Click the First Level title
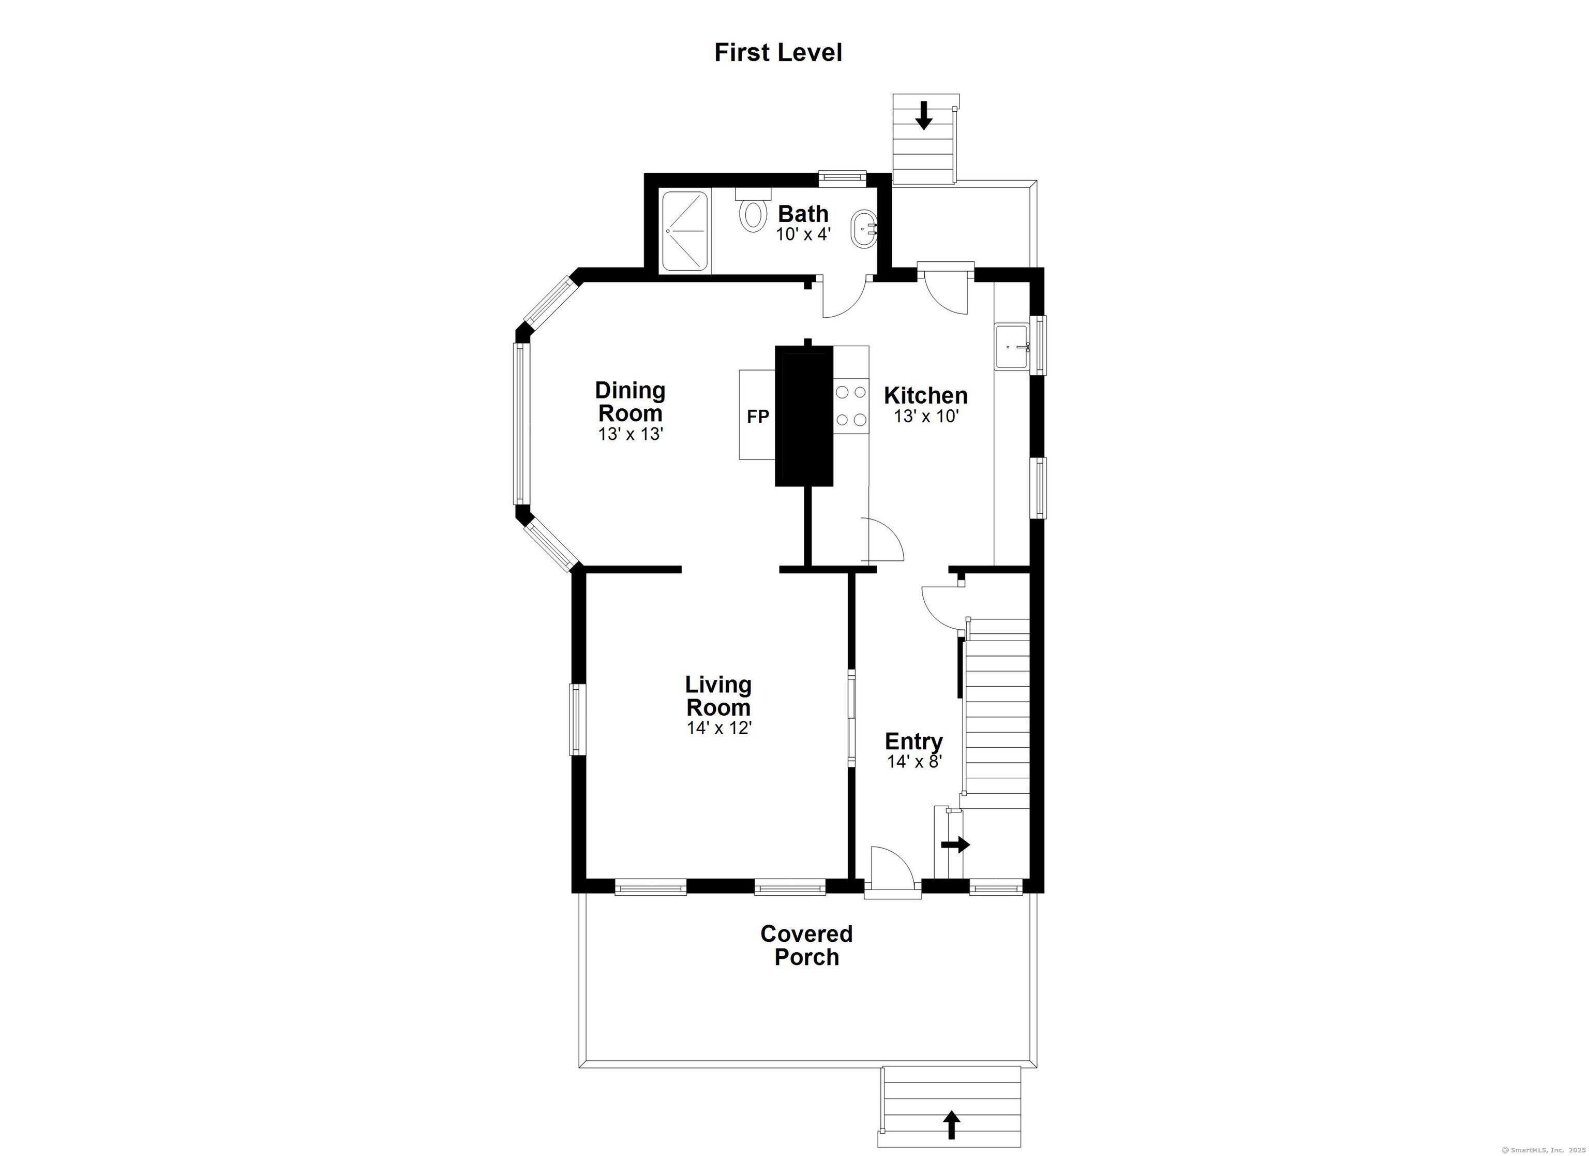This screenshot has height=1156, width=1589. point(777,53)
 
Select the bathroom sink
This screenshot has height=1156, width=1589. point(862,229)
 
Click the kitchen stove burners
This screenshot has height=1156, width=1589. point(850,406)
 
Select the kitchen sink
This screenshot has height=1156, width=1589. point(1011,346)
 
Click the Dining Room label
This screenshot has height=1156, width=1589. point(630,402)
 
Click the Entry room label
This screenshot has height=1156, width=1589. point(913,741)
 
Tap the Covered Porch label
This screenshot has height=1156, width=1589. point(806,945)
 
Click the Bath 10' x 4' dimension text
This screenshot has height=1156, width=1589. point(803,234)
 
